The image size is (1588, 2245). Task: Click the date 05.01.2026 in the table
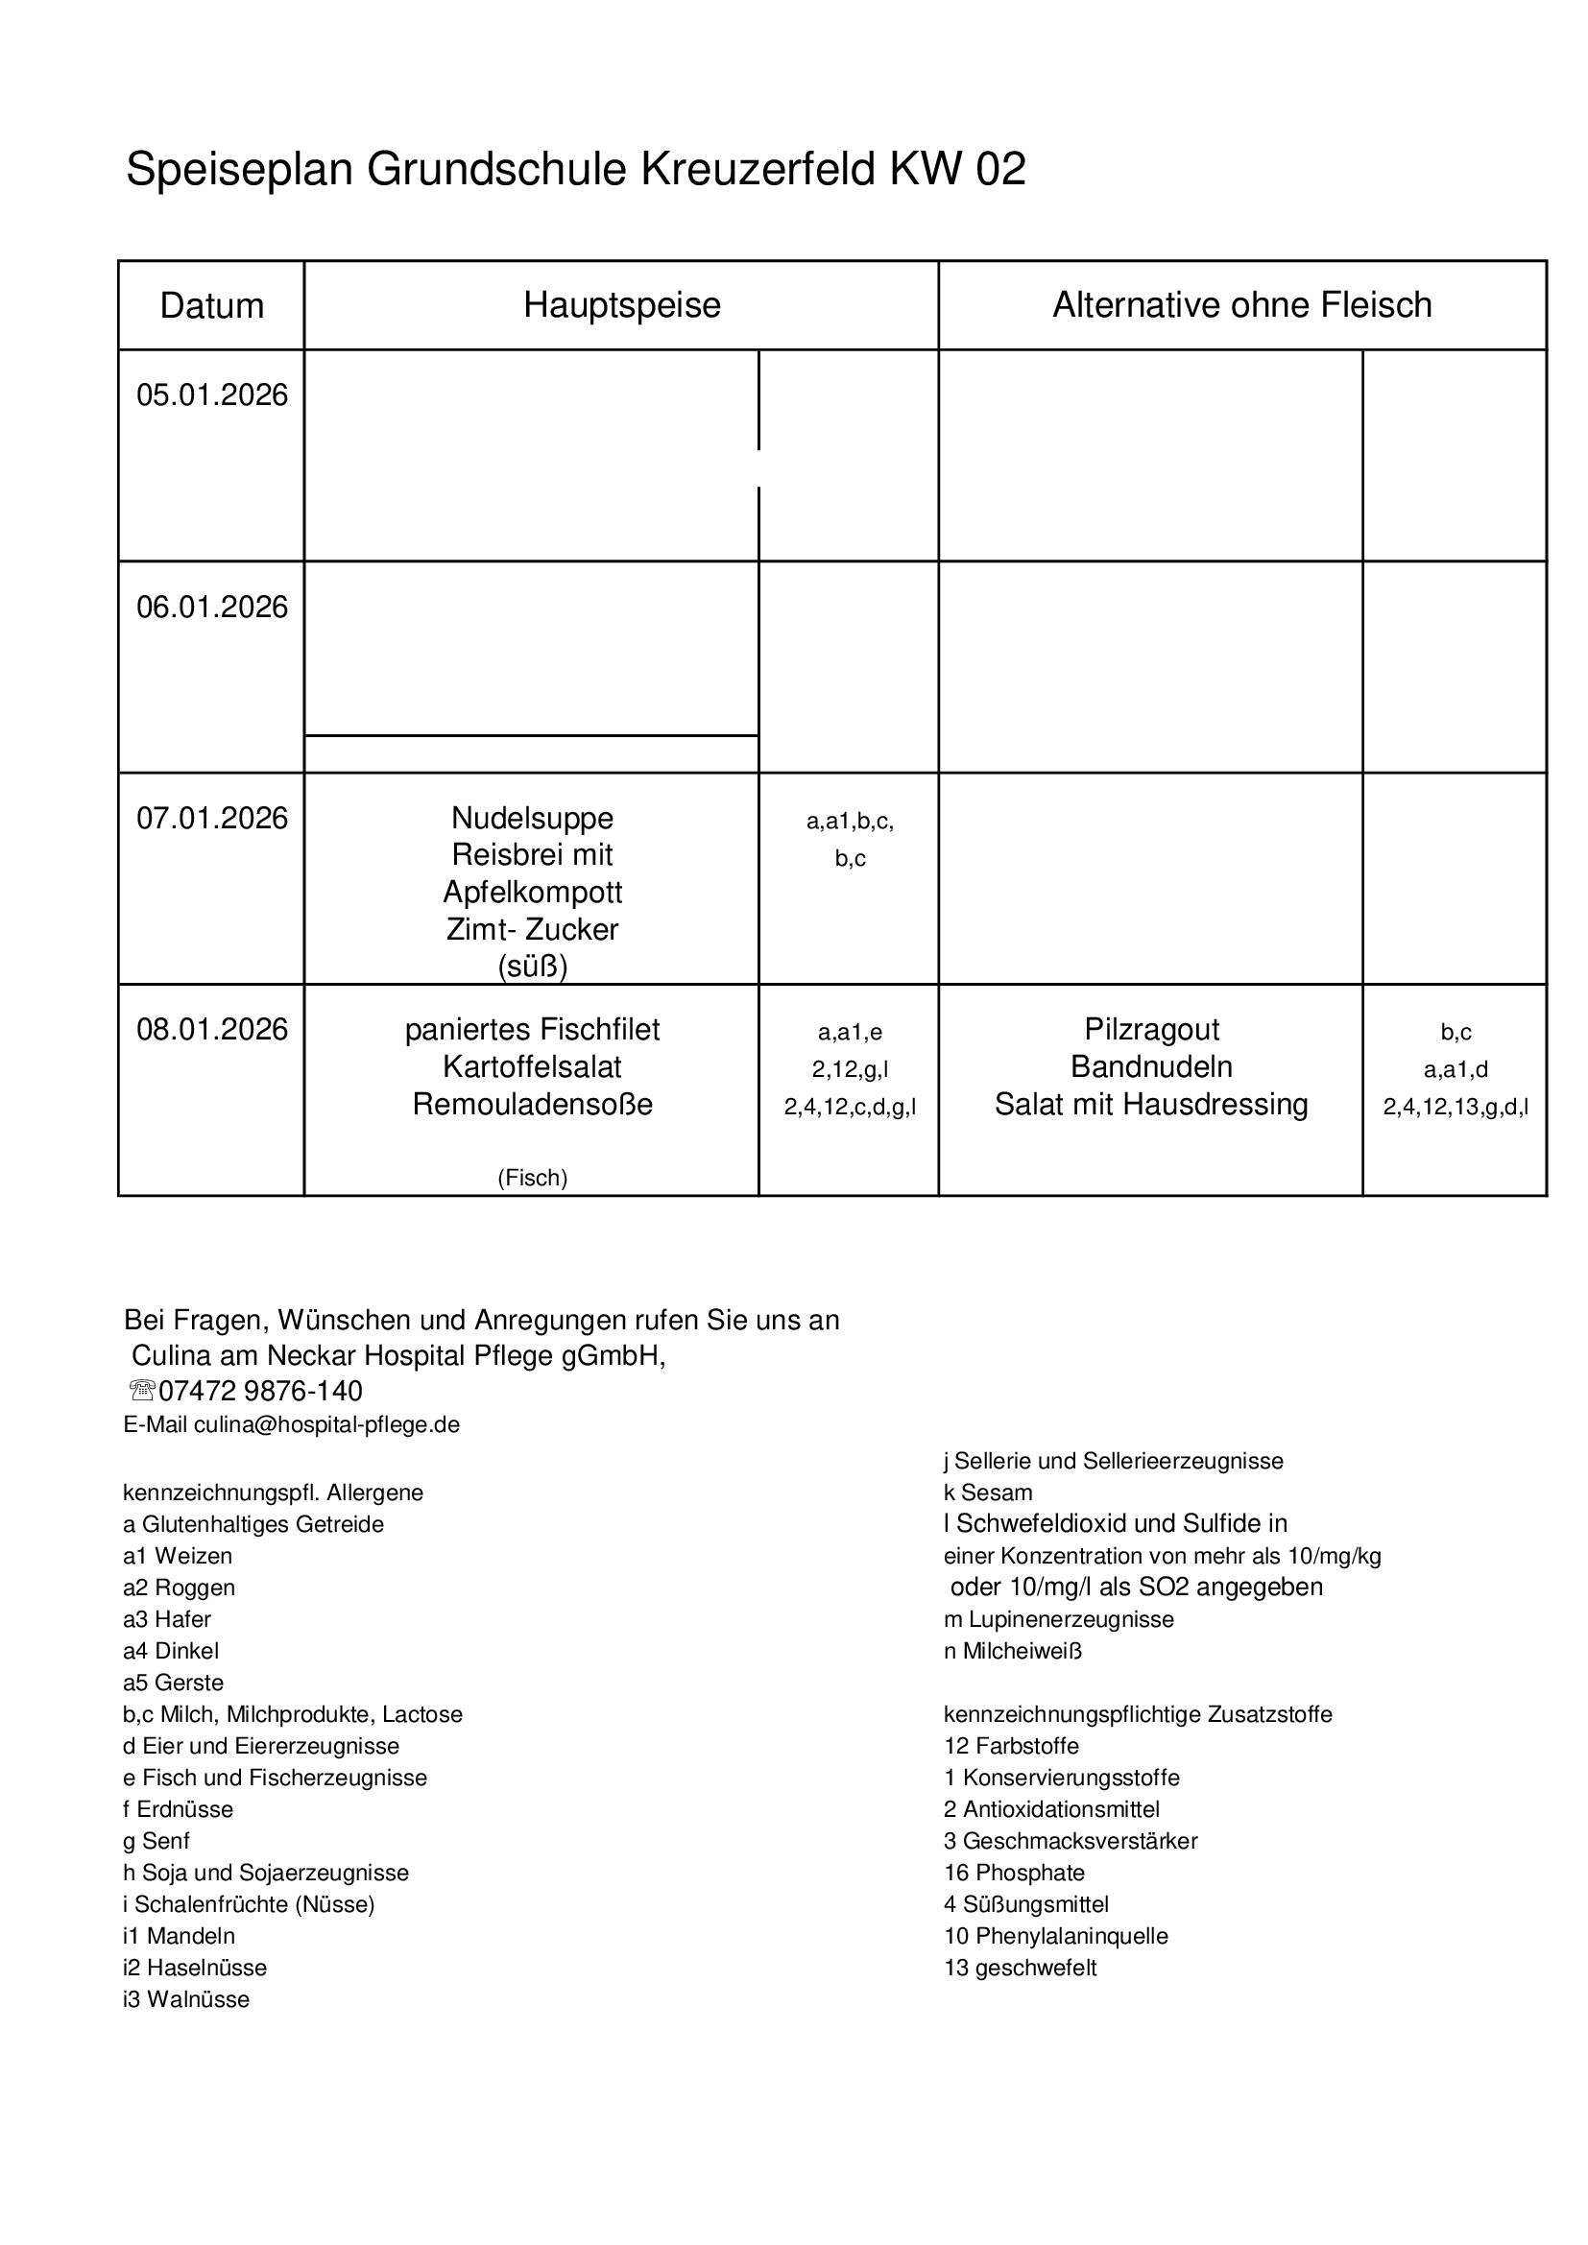tap(212, 395)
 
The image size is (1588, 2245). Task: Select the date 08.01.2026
tap(212, 1030)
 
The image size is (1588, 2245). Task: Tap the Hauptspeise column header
tap(622, 305)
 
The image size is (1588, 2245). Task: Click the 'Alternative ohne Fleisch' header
tap(1241, 305)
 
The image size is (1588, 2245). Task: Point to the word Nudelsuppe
tap(532, 818)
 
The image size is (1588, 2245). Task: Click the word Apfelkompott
tap(532, 892)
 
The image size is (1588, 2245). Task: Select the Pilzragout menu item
tap(1151, 1030)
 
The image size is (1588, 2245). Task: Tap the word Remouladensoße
tap(532, 1104)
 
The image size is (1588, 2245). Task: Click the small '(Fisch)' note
tap(532, 1178)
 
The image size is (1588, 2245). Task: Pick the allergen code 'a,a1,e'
tap(850, 1032)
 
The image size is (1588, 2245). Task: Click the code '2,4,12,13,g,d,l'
tap(1455, 1107)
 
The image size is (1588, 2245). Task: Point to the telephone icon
tap(141, 1391)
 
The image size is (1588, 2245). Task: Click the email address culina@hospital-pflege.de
tap(326, 1424)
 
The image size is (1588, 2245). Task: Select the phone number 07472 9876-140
tap(260, 1391)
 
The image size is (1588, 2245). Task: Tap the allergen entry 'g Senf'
tap(156, 1841)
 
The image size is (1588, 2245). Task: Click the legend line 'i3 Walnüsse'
tap(186, 1999)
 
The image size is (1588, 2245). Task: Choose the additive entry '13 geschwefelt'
tap(1020, 1968)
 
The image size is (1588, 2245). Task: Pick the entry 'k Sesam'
tap(988, 1493)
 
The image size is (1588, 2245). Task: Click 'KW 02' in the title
tap(957, 169)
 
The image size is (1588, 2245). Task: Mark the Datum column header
tap(212, 306)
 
